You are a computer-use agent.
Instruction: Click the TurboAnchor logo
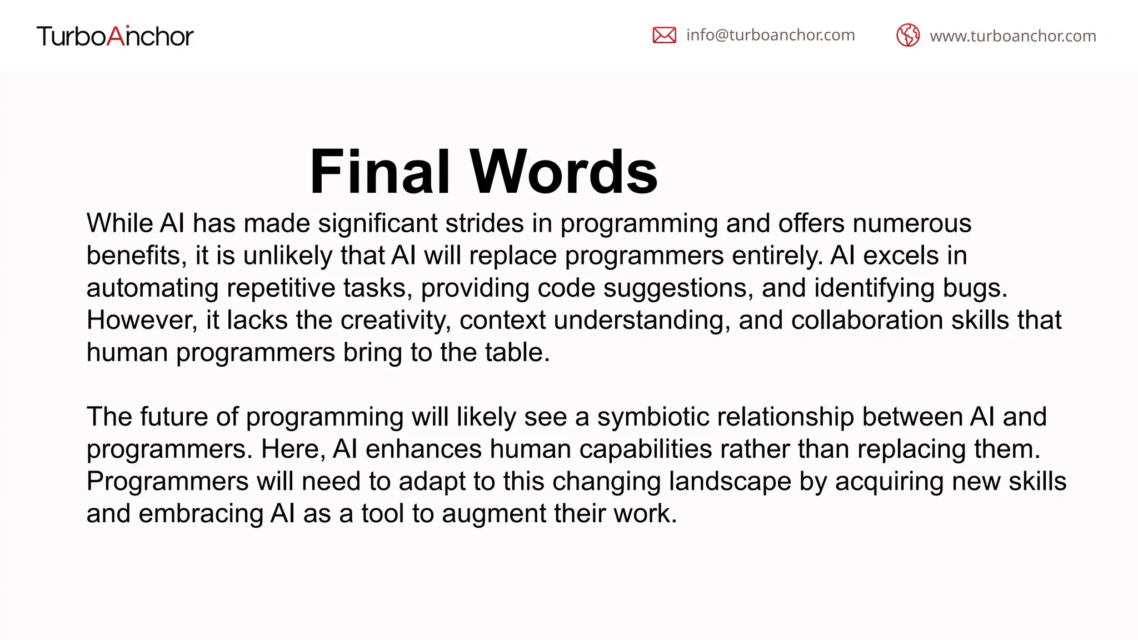tap(115, 36)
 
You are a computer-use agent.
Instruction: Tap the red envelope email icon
tap(664, 35)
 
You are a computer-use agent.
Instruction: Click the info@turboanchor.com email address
tap(770, 35)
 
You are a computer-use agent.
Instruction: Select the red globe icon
tap(908, 36)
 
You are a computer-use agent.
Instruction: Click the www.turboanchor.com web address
tap(1012, 36)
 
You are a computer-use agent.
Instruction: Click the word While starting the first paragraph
tap(119, 223)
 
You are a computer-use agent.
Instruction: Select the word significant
tap(377, 223)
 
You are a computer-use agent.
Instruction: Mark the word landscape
tap(730, 481)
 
